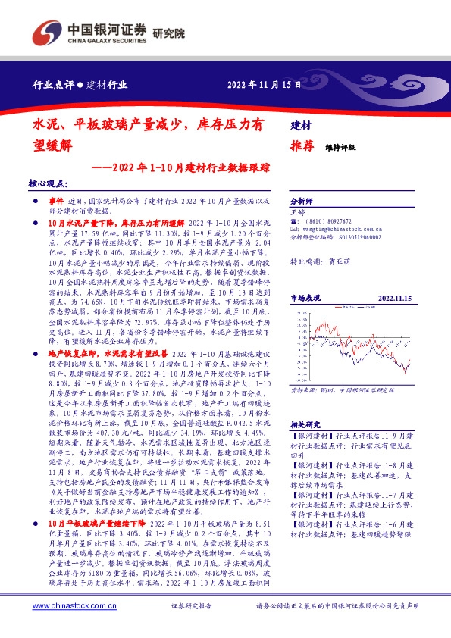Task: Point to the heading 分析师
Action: click(302, 202)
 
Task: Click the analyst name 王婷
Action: click(298, 213)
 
